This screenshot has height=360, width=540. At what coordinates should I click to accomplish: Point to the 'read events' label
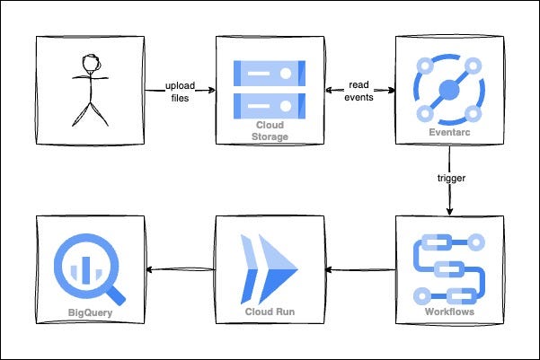pyautogui.click(x=360, y=92)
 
